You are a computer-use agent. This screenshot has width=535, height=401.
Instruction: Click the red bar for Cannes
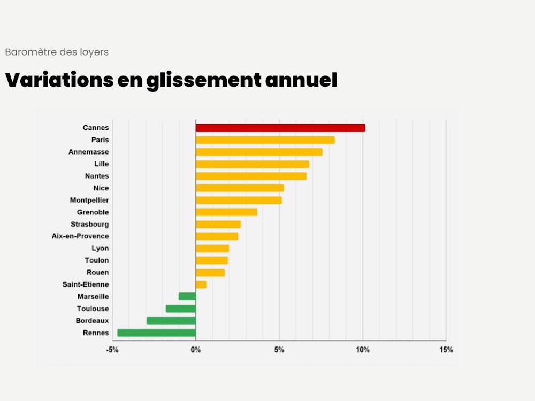280,128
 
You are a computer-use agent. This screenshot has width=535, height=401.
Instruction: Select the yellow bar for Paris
265,140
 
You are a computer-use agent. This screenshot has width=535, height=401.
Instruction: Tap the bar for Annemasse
259,152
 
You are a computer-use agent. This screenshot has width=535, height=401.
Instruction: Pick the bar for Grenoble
226,212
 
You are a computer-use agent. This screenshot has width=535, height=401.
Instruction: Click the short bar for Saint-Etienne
201,284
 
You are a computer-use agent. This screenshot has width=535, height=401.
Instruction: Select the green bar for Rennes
157,333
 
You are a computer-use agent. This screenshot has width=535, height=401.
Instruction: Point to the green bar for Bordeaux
171,321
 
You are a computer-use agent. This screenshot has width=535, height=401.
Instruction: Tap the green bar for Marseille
187,297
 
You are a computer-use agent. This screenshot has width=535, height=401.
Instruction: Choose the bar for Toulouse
181,309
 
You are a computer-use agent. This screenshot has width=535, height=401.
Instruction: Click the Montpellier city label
89,200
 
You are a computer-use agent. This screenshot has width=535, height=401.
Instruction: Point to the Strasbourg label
89,225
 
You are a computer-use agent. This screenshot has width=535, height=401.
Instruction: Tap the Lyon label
100,249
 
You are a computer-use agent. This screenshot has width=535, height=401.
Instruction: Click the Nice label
101,188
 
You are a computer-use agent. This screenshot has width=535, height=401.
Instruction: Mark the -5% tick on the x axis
112,350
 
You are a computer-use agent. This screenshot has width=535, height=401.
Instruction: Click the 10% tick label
363,350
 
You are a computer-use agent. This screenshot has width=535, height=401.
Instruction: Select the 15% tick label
446,350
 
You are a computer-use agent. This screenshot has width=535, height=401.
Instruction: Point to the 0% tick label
196,350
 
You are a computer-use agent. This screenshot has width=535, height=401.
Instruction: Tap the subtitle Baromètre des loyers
57,52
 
